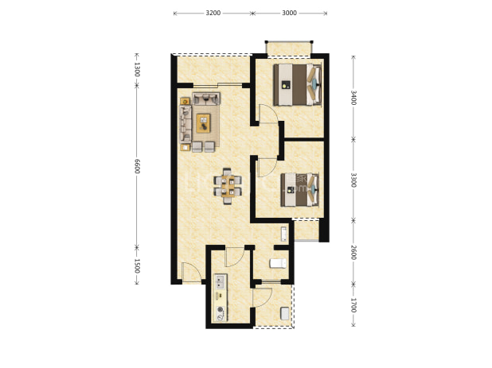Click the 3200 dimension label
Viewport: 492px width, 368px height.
point(213,14)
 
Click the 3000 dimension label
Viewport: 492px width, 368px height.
point(289,14)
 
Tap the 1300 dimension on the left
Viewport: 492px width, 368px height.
point(137,69)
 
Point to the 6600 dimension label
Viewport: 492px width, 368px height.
point(137,166)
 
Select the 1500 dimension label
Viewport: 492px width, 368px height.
point(137,266)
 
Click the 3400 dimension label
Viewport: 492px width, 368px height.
point(353,98)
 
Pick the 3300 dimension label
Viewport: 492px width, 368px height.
point(353,180)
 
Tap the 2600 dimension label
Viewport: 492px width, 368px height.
point(353,252)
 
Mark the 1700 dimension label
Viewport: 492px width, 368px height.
point(353,305)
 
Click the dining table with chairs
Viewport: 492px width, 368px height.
point(228,186)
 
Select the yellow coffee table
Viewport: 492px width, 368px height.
point(203,123)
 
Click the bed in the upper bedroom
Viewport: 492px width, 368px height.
point(298,84)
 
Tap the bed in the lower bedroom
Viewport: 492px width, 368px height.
point(299,190)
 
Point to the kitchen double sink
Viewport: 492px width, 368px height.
point(221,281)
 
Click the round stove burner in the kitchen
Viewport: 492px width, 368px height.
point(221,309)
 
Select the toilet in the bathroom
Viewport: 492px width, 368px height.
point(278,263)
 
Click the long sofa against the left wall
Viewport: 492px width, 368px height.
point(185,124)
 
